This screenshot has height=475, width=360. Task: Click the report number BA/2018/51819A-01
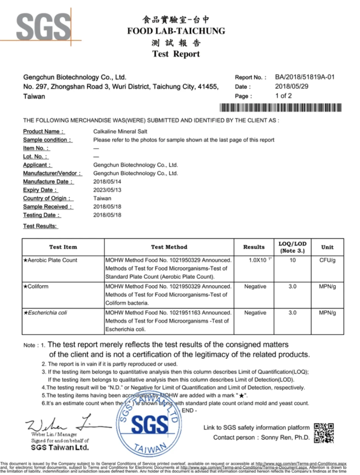click(x=304, y=77)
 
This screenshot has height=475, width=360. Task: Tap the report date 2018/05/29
click(x=291, y=87)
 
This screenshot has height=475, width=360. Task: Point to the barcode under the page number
click(x=280, y=108)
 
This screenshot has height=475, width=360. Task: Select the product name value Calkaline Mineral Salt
click(x=120, y=132)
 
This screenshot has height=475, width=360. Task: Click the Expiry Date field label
click(x=40, y=190)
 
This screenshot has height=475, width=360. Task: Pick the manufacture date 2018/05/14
click(x=107, y=182)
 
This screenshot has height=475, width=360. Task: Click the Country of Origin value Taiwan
click(x=102, y=199)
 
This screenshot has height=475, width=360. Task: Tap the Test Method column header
click(x=169, y=247)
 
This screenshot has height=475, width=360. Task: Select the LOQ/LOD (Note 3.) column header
click(x=292, y=247)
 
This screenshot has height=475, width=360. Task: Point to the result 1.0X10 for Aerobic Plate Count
click(x=259, y=260)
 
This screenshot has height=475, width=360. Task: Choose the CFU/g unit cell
click(x=327, y=260)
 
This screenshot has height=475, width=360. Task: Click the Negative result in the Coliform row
click(x=255, y=287)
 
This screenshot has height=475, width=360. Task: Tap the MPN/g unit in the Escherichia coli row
click(x=327, y=313)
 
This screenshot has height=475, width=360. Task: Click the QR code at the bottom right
click(x=324, y=433)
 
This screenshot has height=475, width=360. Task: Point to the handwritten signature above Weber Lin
click(x=65, y=423)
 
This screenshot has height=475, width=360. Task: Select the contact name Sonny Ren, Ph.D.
click(x=285, y=438)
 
